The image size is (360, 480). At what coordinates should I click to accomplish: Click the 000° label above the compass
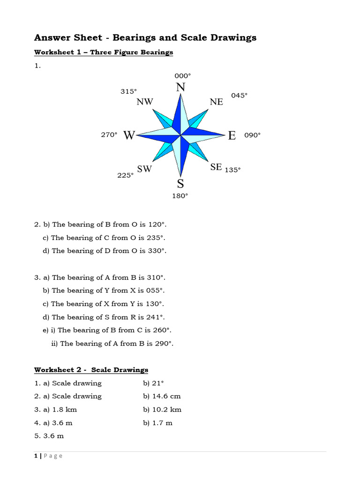pos(182,75)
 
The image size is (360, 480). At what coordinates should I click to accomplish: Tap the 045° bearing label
pos(239,95)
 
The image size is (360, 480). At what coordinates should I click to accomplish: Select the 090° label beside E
pos(252,135)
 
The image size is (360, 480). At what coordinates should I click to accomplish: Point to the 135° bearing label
pos(232,170)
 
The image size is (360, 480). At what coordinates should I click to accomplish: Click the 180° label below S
pos(180,196)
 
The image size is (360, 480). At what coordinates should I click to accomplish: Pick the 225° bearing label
pos(125,175)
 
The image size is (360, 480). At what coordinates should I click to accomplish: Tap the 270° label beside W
pos(109,135)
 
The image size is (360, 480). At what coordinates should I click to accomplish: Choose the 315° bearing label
pos(128,91)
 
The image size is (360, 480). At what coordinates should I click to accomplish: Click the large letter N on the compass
pos(180,88)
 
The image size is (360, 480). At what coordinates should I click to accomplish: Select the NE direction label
pos(217,102)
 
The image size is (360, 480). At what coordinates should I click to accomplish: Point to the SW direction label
pos(144,169)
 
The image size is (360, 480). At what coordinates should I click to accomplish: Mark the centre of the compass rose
pos(180,135)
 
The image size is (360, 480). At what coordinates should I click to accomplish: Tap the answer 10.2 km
pos(167,409)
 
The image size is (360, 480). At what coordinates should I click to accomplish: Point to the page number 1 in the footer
pos(36,456)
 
